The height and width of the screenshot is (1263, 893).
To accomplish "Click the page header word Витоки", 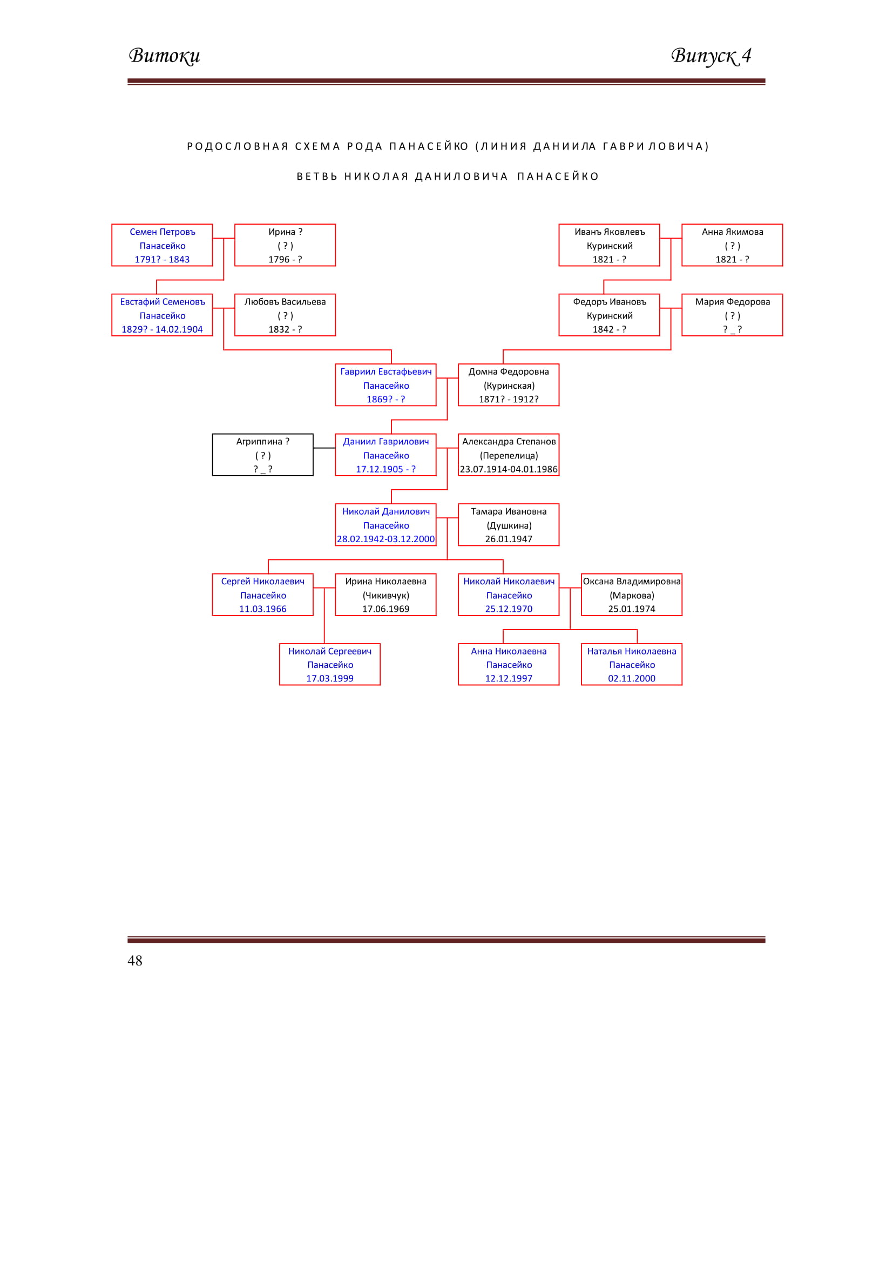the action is click(165, 56).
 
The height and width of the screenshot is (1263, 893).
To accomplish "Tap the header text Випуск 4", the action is click(711, 56).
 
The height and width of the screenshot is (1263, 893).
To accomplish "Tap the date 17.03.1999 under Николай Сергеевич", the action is click(330, 679).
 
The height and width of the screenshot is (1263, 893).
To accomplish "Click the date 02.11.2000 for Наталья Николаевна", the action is click(632, 679).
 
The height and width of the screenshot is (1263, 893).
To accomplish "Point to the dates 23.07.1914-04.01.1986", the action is click(509, 469).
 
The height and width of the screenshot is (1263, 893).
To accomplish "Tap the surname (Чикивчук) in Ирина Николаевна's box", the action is click(386, 596).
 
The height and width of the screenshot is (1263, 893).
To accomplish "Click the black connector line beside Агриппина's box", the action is click(324, 448).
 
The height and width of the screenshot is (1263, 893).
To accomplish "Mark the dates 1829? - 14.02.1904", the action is click(162, 329).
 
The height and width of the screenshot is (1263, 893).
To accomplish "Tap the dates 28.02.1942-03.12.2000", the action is click(386, 539).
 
